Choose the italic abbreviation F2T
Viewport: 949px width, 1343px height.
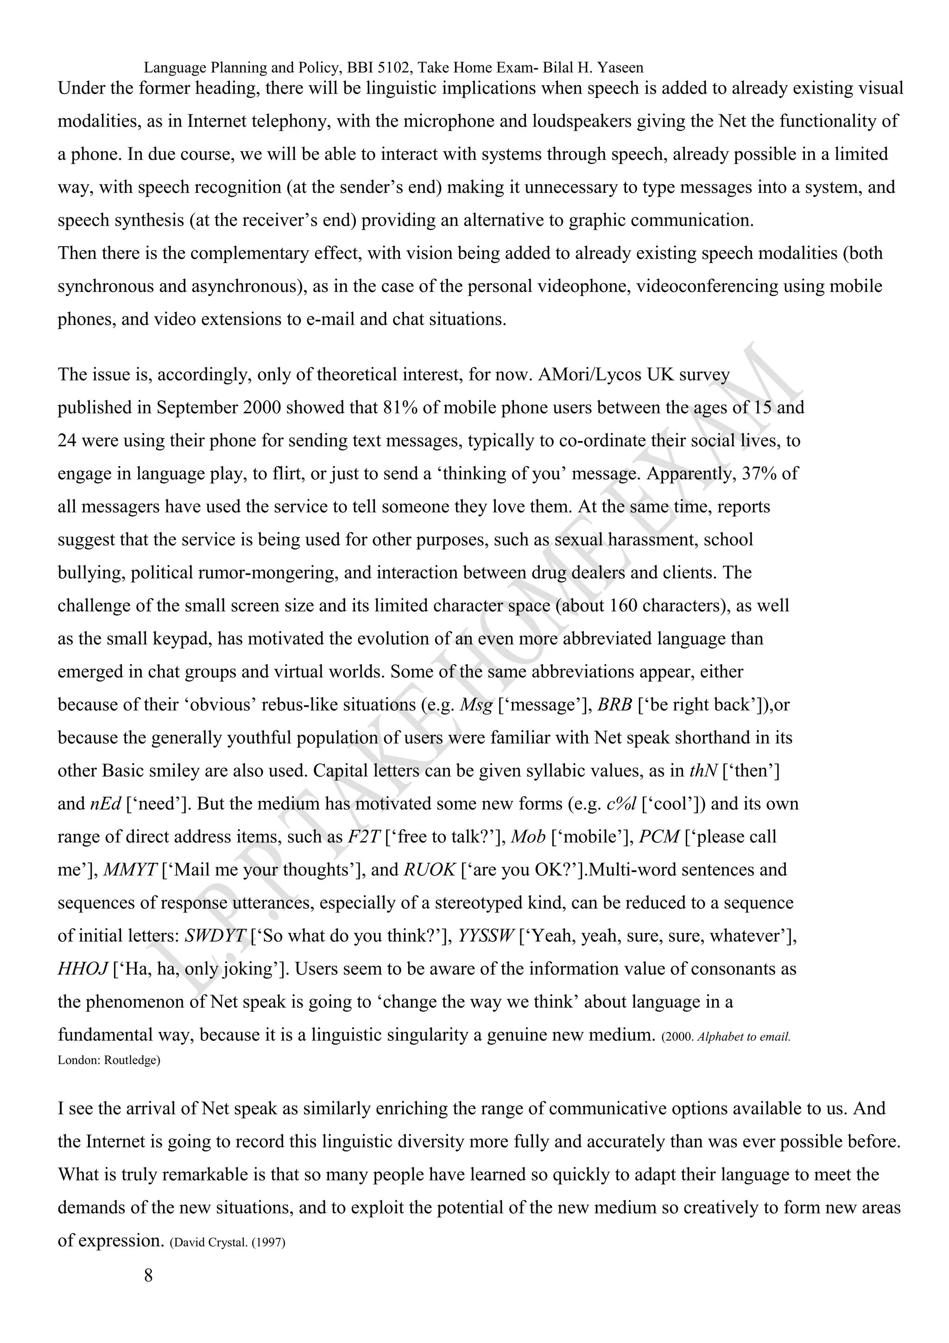pyautogui.click(x=364, y=837)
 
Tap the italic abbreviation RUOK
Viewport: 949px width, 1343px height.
pyautogui.click(x=429, y=870)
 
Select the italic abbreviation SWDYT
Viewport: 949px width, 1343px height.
pyautogui.click(x=215, y=937)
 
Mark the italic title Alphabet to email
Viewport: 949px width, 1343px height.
pyautogui.click(x=744, y=1037)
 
